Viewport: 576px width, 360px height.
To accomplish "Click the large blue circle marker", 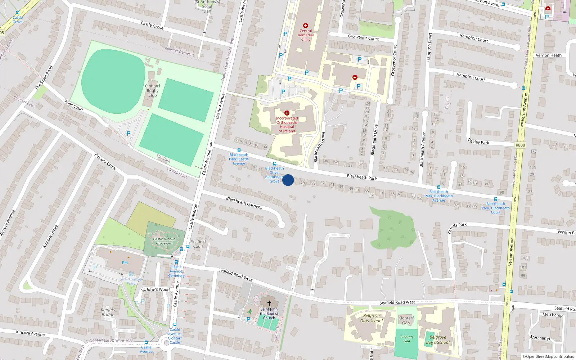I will [288, 180].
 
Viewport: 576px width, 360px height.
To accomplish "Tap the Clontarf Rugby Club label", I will [152, 91].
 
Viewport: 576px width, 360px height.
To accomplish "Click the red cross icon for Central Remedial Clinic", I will [306, 26].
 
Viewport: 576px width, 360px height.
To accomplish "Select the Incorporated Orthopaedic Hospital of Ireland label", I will [287, 125].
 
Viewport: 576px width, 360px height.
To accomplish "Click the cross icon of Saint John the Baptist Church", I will [269, 303].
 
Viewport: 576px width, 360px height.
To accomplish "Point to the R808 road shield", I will [520, 145].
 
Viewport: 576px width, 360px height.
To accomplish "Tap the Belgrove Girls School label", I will [372, 318].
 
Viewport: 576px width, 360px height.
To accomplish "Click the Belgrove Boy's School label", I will [438, 340].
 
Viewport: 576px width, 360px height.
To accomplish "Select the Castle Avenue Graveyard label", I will [164, 241].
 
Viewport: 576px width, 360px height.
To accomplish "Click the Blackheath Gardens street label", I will [244, 203].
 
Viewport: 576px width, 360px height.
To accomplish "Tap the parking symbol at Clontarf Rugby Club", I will [129, 134].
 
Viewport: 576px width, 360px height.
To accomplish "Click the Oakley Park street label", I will [478, 141].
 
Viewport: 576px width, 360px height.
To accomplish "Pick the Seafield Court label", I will [198, 244].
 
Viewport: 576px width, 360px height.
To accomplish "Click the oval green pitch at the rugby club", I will [113, 81].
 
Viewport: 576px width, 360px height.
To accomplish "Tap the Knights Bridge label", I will [108, 312].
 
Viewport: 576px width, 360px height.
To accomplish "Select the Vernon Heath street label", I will [548, 55].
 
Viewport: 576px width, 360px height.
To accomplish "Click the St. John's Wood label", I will [156, 289].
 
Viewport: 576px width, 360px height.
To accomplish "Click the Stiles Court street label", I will [73, 105].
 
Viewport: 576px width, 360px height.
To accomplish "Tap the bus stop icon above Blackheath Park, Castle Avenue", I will [239, 150].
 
